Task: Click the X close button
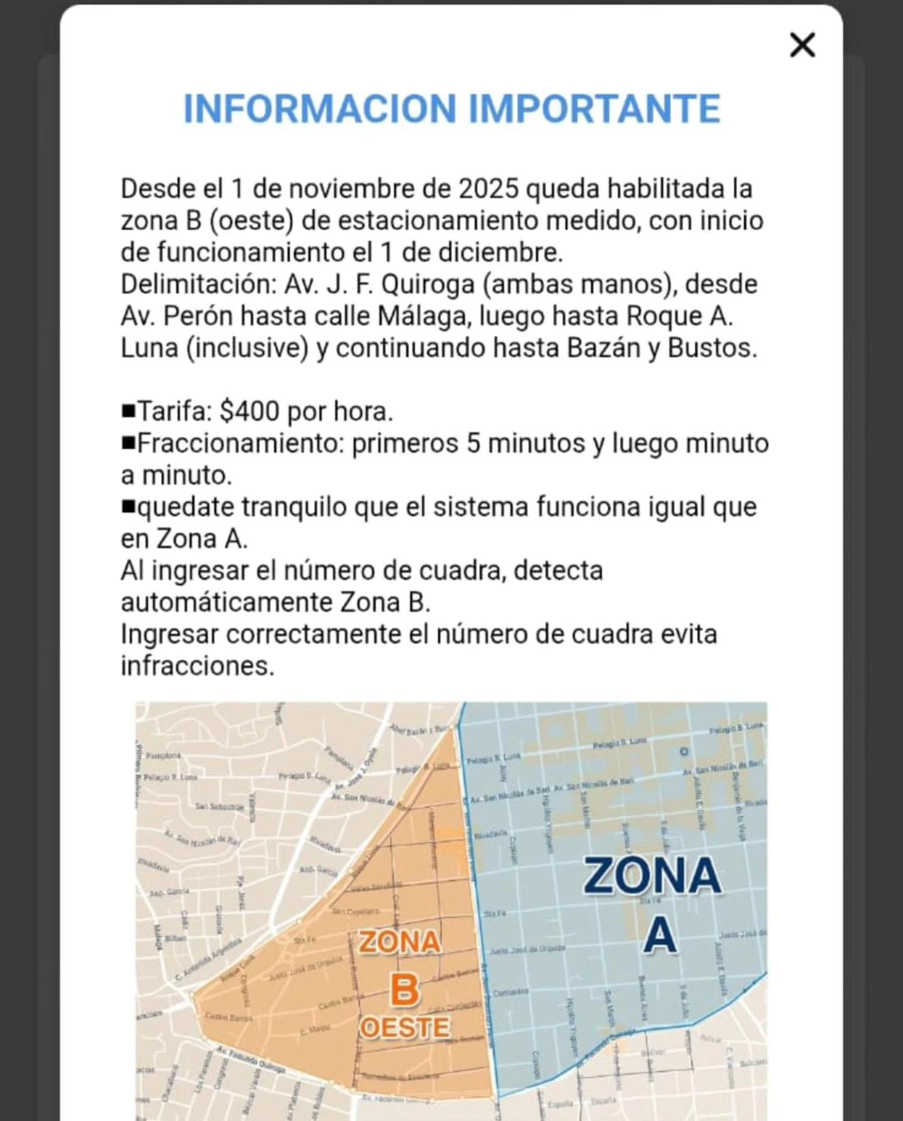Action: [802, 46]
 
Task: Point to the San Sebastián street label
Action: [219, 807]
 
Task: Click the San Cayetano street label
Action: [356, 911]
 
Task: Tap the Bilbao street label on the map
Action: [176, 938]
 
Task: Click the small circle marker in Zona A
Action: [684, 751]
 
